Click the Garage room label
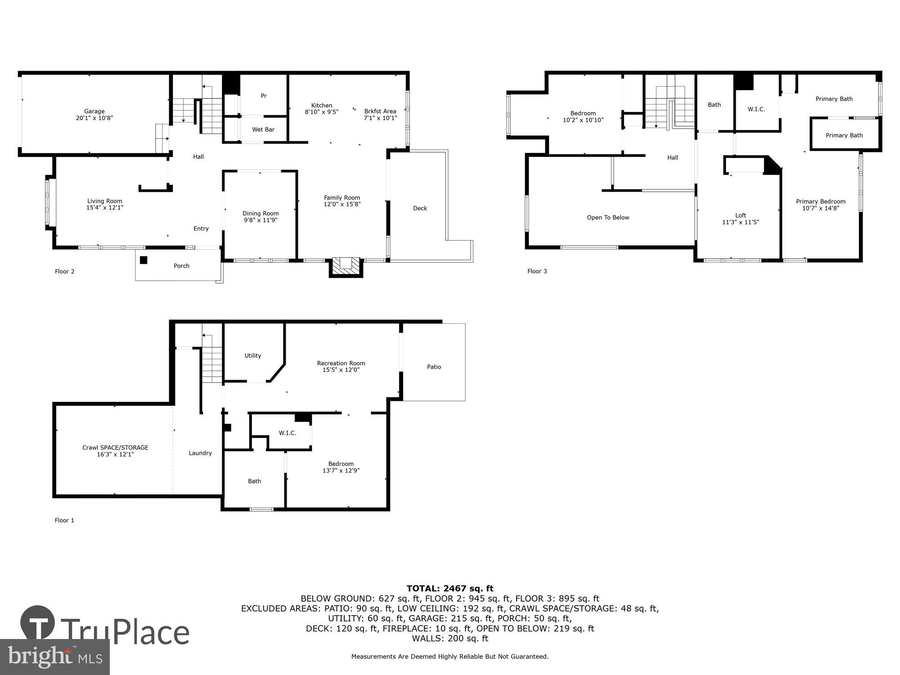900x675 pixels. (x=94, y=111)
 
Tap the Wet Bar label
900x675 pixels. (x=263, y=130)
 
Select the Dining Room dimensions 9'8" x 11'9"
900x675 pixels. (x=261, y=220)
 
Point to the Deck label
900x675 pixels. (x=420, y=208)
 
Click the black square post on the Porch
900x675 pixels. (x=144, y=260)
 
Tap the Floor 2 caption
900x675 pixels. (x=65, y=271)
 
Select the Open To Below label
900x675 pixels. (x=608, y=217)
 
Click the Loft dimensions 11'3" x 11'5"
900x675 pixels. (x=740, y=222)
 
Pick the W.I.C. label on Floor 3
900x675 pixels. (x=756, y=109)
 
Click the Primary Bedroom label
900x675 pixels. (x=820, y=202)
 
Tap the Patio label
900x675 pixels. (x=434, y=367)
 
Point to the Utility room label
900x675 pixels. (x=252, y=355)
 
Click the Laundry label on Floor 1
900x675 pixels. (x=200, y=453)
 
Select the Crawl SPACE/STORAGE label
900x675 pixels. (x=115, y=447)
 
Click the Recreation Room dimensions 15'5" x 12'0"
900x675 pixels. (x=341, y=370)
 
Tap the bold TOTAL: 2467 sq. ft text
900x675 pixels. (x=450, y=588)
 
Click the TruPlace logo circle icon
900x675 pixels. (x=38, y=623)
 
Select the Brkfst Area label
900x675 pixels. (x=380, y=111)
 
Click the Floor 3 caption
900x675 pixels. (x=537, y=271)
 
